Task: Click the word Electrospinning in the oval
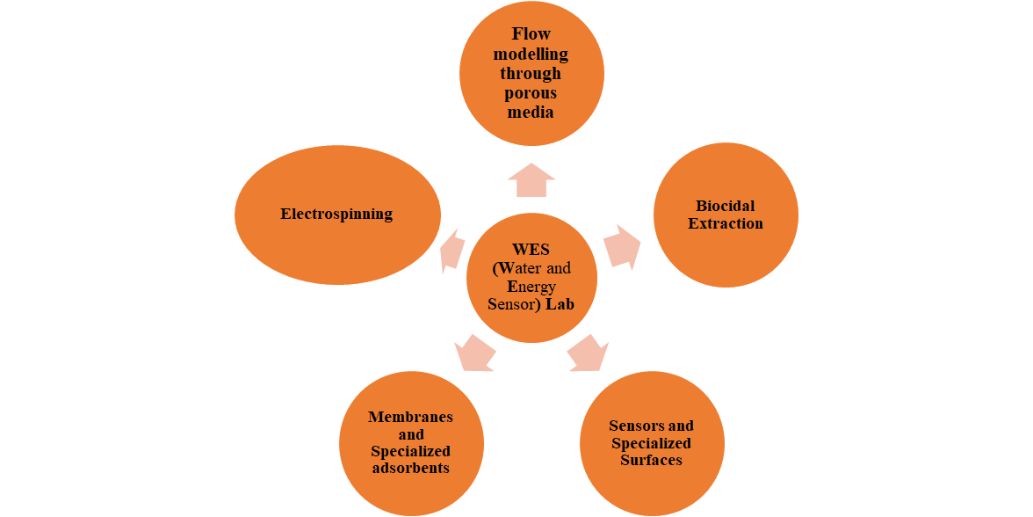click(x=336, y=214)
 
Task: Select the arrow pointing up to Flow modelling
click(x=531, y=180)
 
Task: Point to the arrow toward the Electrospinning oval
click(x=451, y=250)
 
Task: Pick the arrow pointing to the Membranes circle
click(x=475, y=353)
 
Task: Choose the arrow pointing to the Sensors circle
click(x=588, y=353)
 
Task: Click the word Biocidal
click(x=726, y=206)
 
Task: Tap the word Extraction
click(x=726, y=223)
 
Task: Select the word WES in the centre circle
click(x=531, y=250)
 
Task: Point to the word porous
click(x=531, y=93)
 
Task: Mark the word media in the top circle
click(x=531, y=113)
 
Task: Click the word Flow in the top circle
click(x=531, y=34)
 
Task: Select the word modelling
click(x=531, y=54)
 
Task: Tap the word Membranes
click(x=410, y=417)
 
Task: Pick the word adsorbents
click(x=410, y=468)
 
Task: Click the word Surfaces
click(x=651, y=460)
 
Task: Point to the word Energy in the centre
click(x=531, y=287)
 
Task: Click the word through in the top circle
click(x=531, y=73)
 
